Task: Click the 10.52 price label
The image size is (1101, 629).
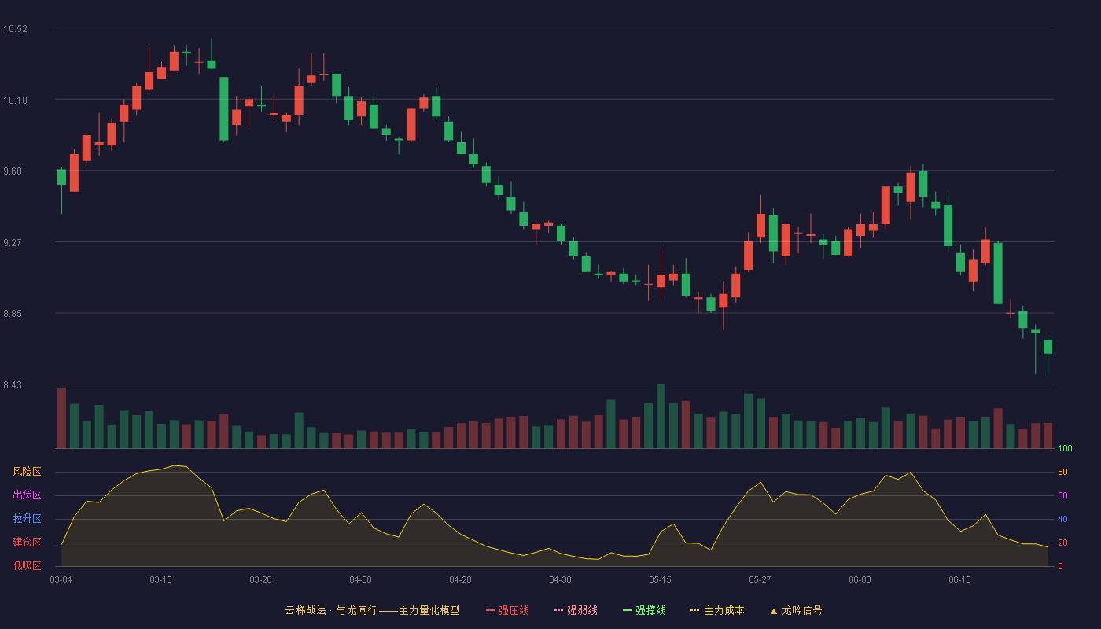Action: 15,29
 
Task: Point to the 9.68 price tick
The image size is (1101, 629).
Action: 13,171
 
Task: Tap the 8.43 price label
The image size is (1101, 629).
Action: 13,384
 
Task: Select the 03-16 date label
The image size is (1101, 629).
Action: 160,580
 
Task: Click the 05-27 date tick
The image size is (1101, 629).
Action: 760,580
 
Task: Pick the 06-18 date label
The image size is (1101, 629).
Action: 959,580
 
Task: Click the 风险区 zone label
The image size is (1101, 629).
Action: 27,472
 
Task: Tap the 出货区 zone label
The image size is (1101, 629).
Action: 27,495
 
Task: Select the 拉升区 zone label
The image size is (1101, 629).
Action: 27,518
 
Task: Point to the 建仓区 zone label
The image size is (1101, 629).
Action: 27,542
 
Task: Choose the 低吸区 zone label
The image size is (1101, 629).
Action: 27,565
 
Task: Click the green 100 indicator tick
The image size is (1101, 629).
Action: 1065,448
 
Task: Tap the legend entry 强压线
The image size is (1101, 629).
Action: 508,610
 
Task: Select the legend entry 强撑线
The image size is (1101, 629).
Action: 644,610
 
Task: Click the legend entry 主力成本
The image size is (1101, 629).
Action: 717,610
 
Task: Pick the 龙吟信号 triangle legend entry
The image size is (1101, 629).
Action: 796,610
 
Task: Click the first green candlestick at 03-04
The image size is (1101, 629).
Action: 61,177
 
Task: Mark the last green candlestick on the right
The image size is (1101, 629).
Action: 1048,347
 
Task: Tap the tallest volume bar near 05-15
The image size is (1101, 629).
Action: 661,416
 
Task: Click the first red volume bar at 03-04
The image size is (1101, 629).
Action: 61,418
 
